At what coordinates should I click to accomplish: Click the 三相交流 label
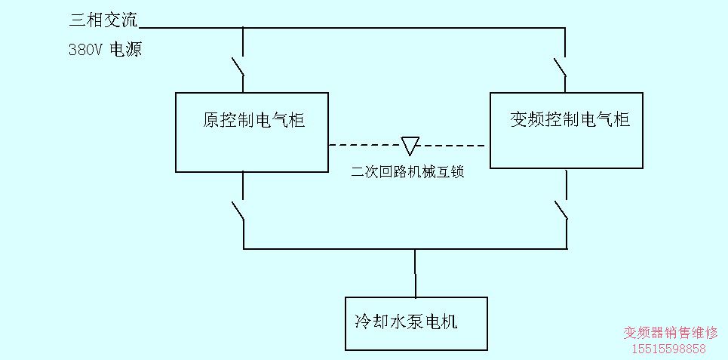[103, 20]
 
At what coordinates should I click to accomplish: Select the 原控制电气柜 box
[252, 132]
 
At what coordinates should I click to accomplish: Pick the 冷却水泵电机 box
[416, 323]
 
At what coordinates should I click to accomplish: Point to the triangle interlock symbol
[410, 145]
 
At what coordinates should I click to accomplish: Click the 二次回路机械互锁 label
[407, 172]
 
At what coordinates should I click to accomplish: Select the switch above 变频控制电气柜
[561, 66]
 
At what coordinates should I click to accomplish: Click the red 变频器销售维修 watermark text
[671, 333]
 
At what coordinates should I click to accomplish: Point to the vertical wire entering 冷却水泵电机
[415, 273]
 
